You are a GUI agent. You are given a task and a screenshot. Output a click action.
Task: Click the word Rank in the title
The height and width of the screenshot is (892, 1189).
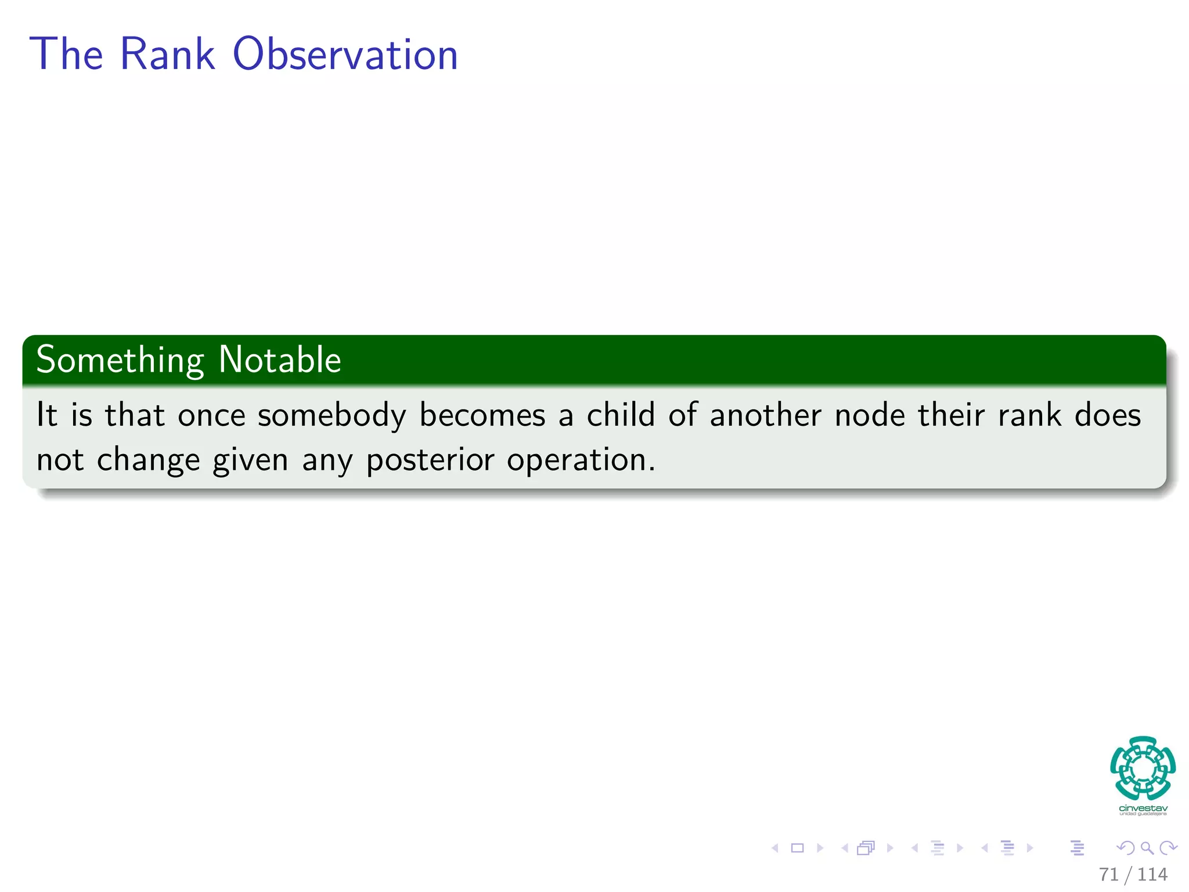pyautogui.click(x=168, y=55)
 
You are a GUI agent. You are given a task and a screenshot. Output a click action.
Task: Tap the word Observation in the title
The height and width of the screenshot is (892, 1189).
pyautogui.click(x=345, y=55)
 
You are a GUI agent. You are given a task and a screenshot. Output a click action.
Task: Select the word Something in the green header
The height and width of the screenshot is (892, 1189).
pyautogui.click(x=120, y=360)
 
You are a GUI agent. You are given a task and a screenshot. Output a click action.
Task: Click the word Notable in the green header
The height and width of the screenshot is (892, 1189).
pyautogui.click(x=280, y=360)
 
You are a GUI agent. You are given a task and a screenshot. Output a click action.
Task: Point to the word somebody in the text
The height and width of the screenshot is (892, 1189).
pyautogui.click(x=332, y=416)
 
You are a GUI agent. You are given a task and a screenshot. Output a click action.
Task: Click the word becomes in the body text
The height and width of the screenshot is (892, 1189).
pyautogui.click(x=482, y=416)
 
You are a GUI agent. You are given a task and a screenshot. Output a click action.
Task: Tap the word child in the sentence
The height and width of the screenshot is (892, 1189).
pyautogui.click(x=620, y=416)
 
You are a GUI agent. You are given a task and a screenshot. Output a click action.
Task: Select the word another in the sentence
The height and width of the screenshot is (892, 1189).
pyautogui.click(x=766, y=416)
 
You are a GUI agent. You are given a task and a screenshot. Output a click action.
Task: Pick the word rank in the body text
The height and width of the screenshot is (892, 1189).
pyautogui.click(x=1029, y=416)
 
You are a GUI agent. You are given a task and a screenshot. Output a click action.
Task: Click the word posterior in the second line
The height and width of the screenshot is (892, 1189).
pyautogui.click(x=430, y=461)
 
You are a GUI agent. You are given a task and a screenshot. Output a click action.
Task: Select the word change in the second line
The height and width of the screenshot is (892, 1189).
pyautogui.click(x=148, y=461)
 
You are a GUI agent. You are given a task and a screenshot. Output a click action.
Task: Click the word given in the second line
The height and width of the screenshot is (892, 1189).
pyautogui.click(x=250, y=461)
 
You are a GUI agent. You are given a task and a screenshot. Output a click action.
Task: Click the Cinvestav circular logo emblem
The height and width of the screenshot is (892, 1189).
pyautogui.click(x=1143, y=768)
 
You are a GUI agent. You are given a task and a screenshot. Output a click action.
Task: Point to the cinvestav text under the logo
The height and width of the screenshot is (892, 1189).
pyautogui.click(x=1143, y=808)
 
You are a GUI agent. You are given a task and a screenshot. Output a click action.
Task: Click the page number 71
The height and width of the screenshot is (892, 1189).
pyautogui.click(x=1108, y=875)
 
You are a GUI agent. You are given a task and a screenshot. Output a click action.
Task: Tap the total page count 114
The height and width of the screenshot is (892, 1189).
pyautogui.click(x=1152, y=875)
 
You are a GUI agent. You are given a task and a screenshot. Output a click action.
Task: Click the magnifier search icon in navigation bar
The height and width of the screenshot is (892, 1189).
pyautogui.click(x=1147, y=848)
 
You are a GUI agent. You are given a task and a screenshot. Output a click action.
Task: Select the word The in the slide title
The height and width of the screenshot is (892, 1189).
pyautogui.click(x=66, y=55)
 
